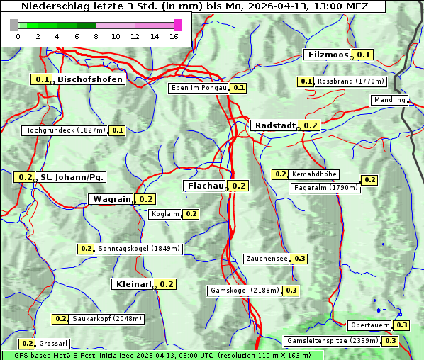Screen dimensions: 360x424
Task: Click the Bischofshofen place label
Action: point(90,80)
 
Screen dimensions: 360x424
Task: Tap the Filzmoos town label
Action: point(328,55)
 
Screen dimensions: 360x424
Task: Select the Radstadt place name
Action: point(274,125)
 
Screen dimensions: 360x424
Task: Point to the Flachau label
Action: point(205,186)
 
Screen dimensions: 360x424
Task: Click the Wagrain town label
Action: point(111,199)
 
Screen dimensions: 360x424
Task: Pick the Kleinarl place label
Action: point(133,284)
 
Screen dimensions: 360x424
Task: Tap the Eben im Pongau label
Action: point(199,88)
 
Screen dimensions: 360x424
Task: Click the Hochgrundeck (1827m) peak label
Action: point(65,130)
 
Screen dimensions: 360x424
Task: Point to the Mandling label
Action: point(389,100)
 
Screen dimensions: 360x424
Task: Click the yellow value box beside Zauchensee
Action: point(299,259)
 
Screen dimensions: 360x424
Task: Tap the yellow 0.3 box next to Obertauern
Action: point(402,325)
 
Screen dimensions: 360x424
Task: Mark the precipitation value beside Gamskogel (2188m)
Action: point(291,291)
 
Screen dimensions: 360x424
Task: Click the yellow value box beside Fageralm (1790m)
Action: point(369,180)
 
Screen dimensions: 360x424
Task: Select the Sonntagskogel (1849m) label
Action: point(139,249)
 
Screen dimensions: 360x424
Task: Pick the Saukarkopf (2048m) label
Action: point(108,319)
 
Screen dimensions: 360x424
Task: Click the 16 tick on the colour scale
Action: point(174,36)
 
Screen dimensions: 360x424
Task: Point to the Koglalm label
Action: point(165,214)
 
